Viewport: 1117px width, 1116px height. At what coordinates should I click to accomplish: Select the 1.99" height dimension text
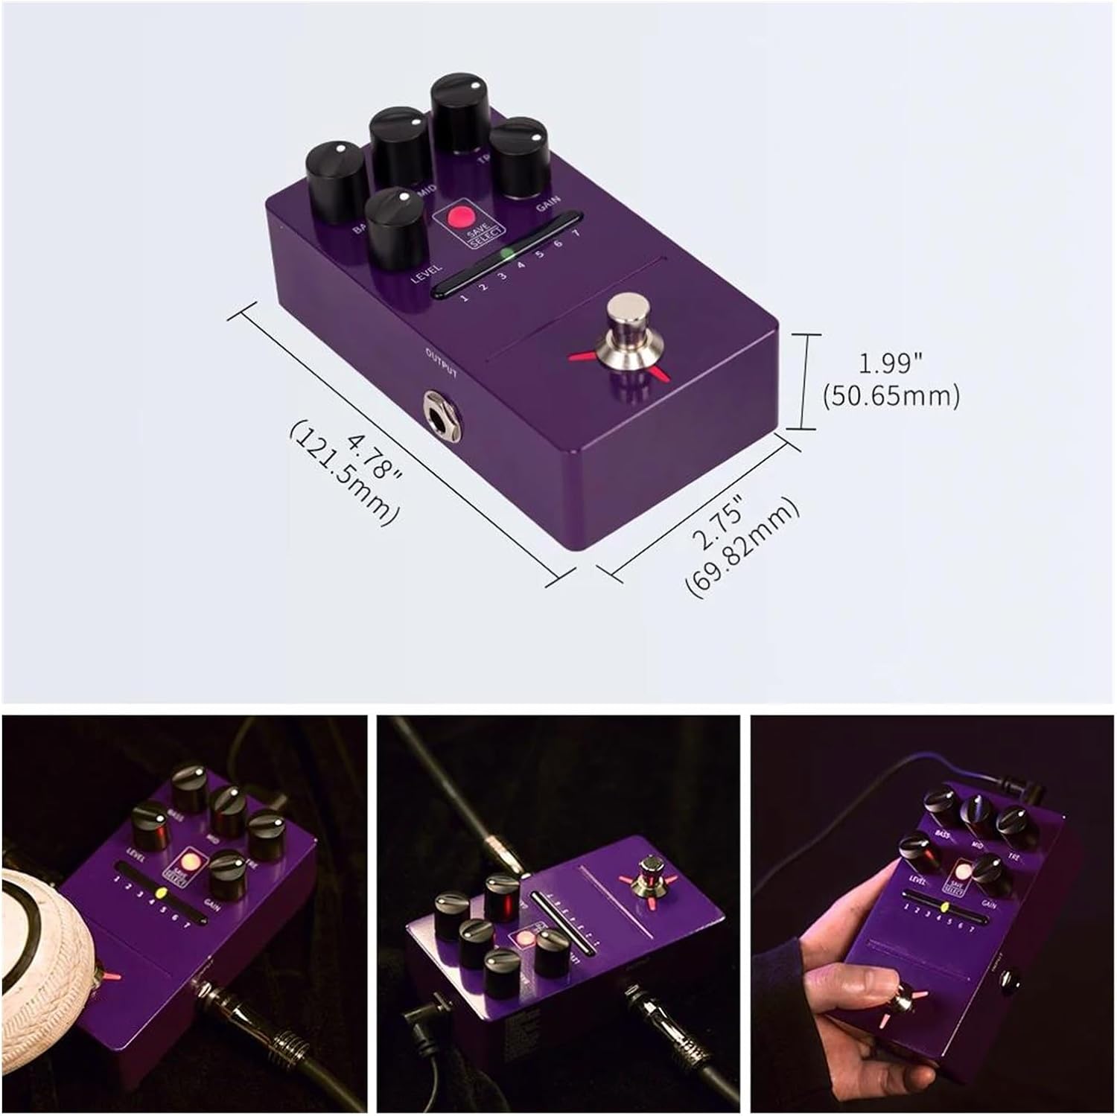click(x=891, y=364)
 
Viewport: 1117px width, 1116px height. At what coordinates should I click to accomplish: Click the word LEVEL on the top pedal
click(x=427, y=275)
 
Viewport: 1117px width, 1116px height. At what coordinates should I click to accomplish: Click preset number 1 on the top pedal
click(x=464, y=299)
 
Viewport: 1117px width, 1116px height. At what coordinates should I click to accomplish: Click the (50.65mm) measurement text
click(x=891, y=395)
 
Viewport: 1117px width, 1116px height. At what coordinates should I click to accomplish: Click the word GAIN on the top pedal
click(x=549, y=206)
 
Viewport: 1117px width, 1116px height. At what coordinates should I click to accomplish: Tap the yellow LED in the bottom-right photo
click(x=943, y=908)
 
